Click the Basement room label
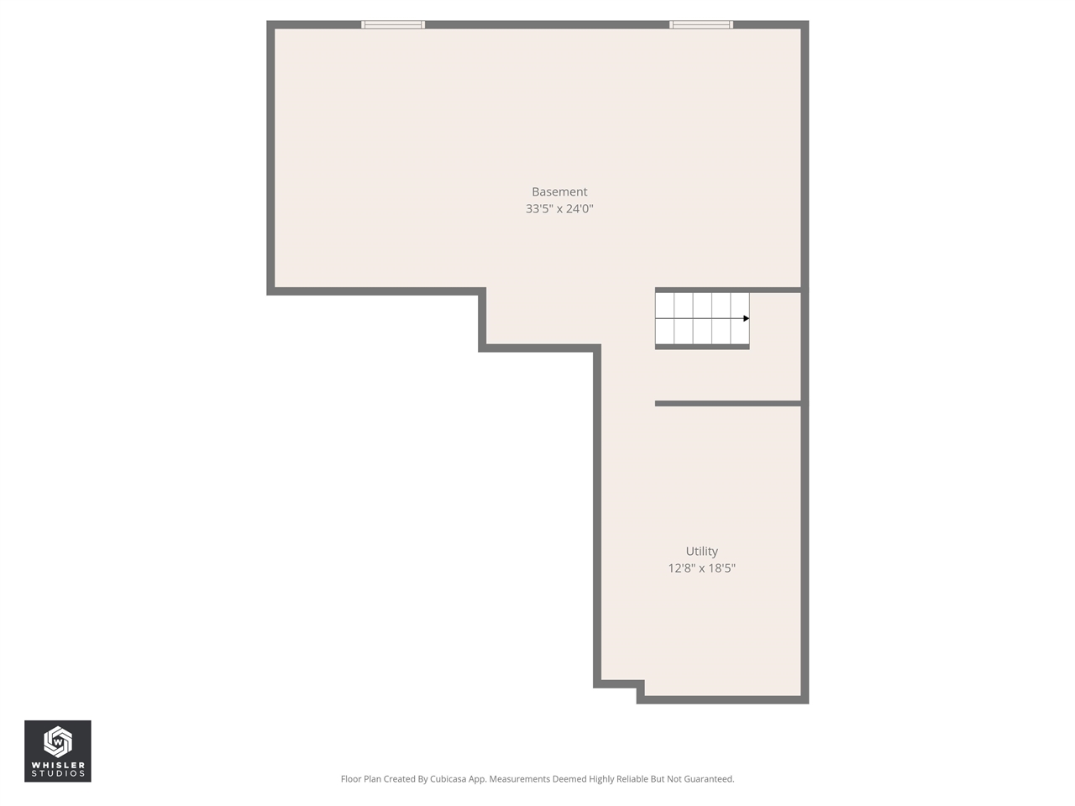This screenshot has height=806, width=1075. coord(559,192)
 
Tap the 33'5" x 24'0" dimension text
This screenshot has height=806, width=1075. coord(559,209)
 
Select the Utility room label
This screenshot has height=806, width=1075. coord(701,552)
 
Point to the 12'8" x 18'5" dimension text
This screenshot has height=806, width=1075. coord(701,568)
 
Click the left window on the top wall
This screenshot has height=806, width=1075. coord(393,24)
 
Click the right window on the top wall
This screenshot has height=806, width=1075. coord(701,24)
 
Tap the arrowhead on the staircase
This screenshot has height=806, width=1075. coord(746,318)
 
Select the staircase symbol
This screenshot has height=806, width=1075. coord(701,318)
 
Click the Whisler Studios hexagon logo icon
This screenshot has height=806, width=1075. coord(57,741)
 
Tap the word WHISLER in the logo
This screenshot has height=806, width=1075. coord(58,765)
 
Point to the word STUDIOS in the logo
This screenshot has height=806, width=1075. coord(58,774)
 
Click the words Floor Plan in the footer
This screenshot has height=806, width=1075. coord(361,779)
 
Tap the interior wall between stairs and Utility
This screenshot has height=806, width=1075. coord(727,404)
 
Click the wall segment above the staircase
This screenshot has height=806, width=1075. coord(727,290)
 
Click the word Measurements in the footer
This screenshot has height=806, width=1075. coord(520,779)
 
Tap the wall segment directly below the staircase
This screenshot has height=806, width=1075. coord(701,347)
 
